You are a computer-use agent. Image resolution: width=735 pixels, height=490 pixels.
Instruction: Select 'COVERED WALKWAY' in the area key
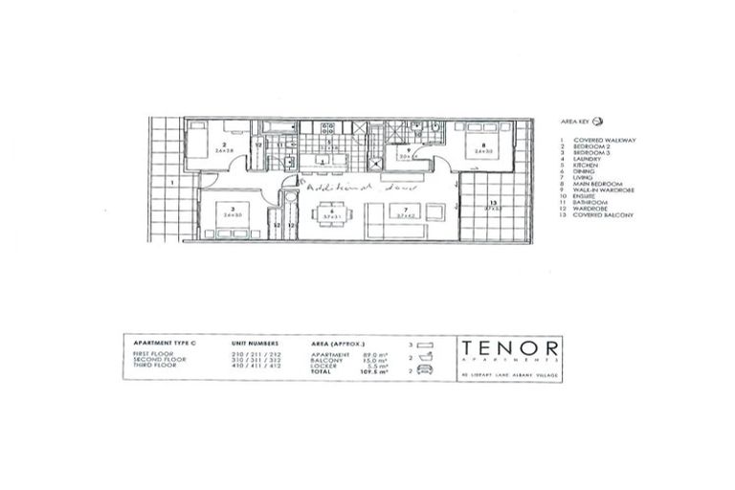coord(600,140)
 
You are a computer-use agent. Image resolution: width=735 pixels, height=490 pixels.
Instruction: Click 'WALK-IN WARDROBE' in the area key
coord(602,190)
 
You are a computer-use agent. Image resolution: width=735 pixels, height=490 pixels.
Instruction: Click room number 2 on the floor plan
coord(222,145)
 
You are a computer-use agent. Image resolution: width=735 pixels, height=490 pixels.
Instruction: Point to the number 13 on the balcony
coord(492,202)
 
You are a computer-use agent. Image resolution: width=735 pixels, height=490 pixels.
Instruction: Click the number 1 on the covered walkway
coord(168,181)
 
